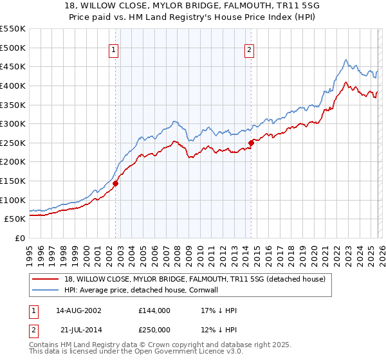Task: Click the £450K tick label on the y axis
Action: tap(13, 66)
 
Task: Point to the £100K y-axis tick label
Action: tap(13, 200)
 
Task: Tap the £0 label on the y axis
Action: tap(19, 238)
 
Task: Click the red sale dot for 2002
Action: tap(116, 183)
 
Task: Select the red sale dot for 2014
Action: tap(251, 143)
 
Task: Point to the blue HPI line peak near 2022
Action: tap(345, 60)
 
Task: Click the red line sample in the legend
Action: tap(46, 279)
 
